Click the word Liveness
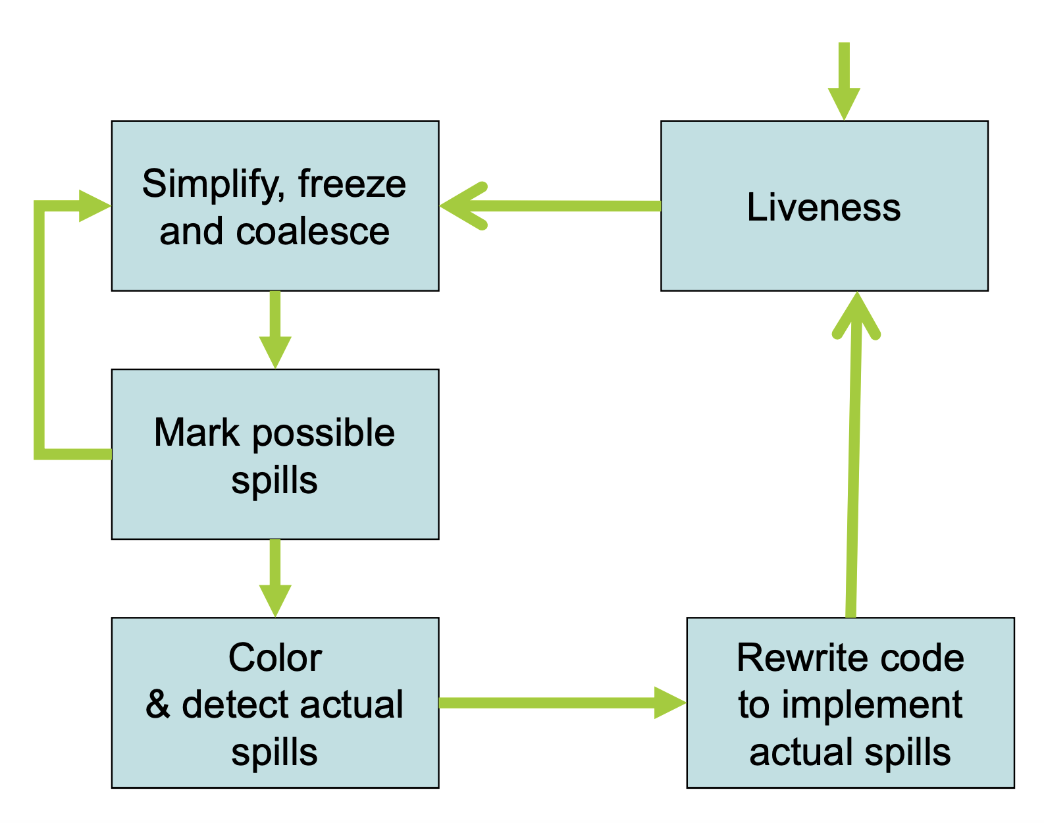click(823, 207)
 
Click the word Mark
click(196, 433)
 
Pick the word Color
click(275, 658)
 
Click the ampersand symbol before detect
click(158, 704)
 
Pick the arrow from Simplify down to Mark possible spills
click(275, 329)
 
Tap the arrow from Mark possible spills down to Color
click(275, 578)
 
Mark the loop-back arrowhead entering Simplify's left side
click(94, 206)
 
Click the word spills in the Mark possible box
click(274, 481)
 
